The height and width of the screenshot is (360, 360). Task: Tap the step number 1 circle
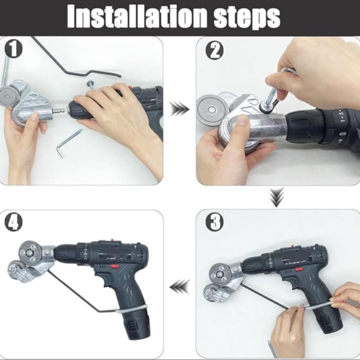(13, 49)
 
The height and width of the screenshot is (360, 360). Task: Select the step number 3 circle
(215, 222)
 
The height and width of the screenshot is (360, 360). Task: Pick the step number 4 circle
(13, 222)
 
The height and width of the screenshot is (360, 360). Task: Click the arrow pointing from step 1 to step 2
(180, 108)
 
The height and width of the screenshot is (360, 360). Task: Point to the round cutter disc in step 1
(8, 96)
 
